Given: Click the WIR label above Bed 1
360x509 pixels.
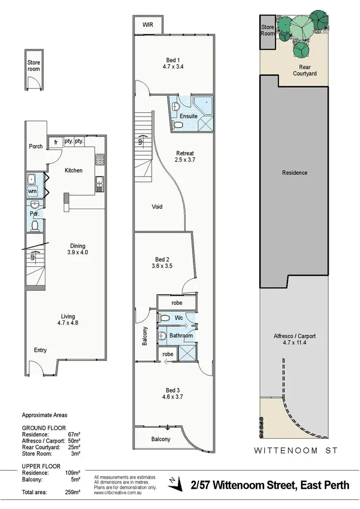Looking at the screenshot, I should click(148, 25).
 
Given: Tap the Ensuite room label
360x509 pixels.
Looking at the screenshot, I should click(188, 116).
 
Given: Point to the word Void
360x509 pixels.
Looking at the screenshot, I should click(156, 207).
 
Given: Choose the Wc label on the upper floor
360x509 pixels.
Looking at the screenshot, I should click(178, 318).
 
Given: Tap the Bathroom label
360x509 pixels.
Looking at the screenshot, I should click(181, 336).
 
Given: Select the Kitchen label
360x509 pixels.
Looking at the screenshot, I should click(73, 170).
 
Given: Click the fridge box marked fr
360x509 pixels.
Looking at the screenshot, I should click(56, 142).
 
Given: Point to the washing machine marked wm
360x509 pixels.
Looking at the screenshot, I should click(33, 192).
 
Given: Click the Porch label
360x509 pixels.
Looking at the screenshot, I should click(36, 146).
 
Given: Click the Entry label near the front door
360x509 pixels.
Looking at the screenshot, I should click(40, 350).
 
